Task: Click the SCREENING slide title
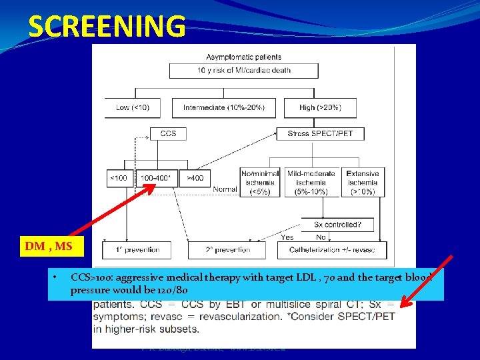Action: tap(107, 27)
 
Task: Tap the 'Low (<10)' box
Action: tap(133, 107)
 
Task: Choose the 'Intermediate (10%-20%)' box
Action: tap(224, 107)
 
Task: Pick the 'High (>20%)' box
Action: tap(321, 107)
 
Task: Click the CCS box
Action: tap(168, 133)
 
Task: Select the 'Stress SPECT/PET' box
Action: tap(320, 133)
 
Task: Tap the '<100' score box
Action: tap(119, 178)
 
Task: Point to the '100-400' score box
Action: tap(157, 178)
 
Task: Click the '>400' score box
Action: tap(195, 178)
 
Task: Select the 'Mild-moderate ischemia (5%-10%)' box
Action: tap(311, 182)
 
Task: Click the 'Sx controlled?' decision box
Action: tap(337, 224)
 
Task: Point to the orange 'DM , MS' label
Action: tap(48, 247)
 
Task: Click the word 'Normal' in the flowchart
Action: tap(225, 189)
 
